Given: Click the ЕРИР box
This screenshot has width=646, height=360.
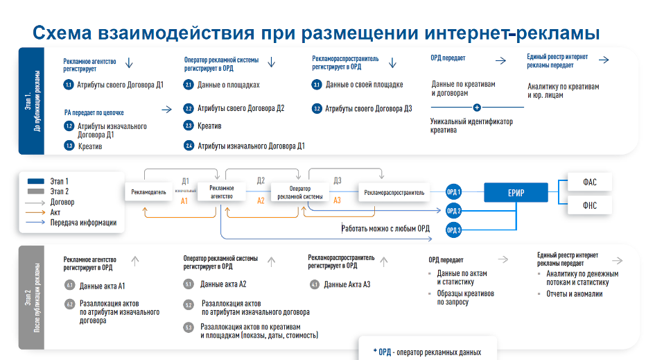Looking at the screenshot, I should click(515, 192).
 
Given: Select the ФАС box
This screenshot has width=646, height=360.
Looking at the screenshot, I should click(589, 182).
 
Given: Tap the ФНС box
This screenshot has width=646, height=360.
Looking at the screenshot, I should click(589, 205).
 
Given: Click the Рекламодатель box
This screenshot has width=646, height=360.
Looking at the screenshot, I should click(149, 192).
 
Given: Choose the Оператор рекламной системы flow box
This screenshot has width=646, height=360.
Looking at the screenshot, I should click(299, 192).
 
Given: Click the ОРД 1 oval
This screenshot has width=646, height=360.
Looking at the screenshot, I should click(453, 191).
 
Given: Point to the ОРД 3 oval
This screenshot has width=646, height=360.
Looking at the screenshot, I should click(453, 230).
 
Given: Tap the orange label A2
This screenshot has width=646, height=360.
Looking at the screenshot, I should click(261, 200).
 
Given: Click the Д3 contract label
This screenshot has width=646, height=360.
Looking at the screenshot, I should click(338, 180).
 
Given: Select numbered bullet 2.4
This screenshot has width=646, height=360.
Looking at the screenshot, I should click(189, 146).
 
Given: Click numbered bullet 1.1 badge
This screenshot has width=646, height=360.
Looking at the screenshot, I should click(69, 85).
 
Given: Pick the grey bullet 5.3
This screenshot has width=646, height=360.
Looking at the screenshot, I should click(189, 327).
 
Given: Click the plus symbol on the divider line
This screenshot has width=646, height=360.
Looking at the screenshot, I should click(477, 108).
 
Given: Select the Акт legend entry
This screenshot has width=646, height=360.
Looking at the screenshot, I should click(55, 212).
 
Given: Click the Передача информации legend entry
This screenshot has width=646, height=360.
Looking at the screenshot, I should click(82, 223).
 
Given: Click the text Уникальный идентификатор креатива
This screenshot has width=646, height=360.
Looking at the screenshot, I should click(471, 126).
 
